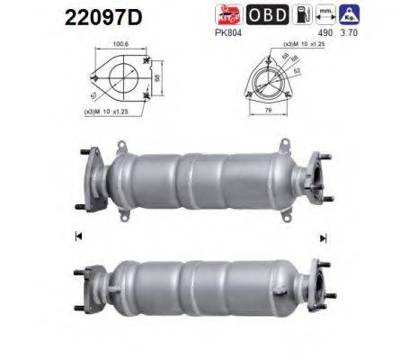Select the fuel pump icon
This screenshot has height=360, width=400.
point(305,15)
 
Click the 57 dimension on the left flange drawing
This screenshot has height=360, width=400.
point(95,93)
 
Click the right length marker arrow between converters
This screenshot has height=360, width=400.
point(321,238)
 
